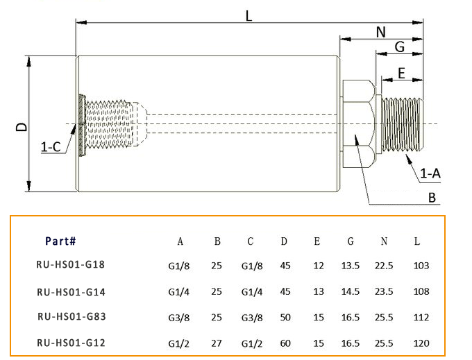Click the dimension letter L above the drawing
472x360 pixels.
point(249,15)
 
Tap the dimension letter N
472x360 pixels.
point(381,32)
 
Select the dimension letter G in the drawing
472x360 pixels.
point(399,47)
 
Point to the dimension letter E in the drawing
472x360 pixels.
point(402,71)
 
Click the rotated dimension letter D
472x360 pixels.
point(22,126)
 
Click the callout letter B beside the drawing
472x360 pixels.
point(432,198)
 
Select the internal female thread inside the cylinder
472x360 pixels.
point(111,126)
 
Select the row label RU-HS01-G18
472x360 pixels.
point(70,264)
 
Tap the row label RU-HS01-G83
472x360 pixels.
point(70,316)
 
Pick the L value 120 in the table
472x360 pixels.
point(421,343)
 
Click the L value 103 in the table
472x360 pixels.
point(421,265)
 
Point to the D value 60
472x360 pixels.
point(284,343)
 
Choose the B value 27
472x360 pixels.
point(217,343)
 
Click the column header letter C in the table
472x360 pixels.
point(251,241)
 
